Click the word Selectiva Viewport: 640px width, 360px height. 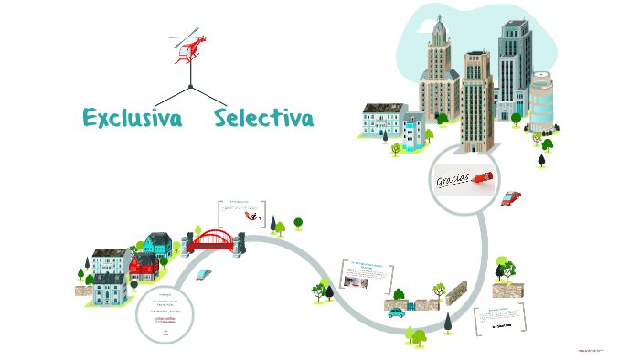tap(263, 118)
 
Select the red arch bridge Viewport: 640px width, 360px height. tap(212, 239)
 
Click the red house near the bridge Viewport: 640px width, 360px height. tap(144, 268)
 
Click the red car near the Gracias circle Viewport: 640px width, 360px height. tap(512, 196)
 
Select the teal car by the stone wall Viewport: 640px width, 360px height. tap(396, 312)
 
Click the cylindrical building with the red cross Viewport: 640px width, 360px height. tap(542, 101)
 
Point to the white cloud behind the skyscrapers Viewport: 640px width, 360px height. tap(475, 27)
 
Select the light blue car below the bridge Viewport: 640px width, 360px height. tap(205, 274)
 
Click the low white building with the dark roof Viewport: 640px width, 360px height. tap(382, 122)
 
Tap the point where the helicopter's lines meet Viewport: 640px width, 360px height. tap(190, 87)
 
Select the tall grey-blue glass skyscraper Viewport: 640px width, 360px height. tap(513, 69)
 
